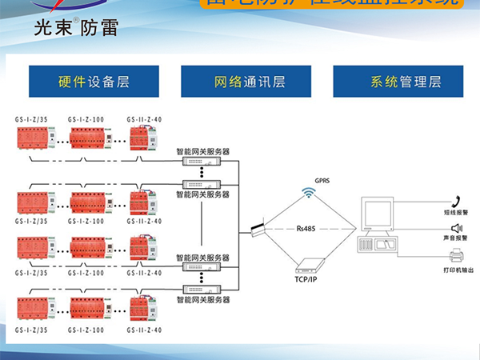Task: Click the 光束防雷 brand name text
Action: click(77, 29)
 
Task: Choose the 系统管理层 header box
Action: click(400, 82)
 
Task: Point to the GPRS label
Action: click(323, 181)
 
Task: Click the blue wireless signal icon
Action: click(308, 192)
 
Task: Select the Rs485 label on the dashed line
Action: click(306, 229)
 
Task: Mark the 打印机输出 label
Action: click(458, 270)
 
